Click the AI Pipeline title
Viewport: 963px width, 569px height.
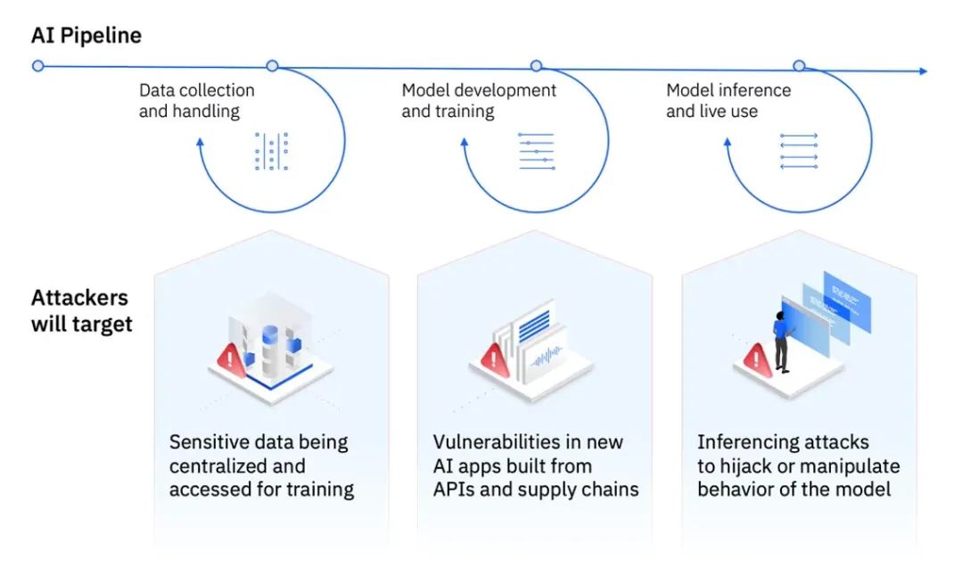point(86,36)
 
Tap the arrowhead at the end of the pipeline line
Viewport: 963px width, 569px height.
point(922,71)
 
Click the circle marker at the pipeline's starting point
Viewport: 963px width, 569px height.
point(37,65)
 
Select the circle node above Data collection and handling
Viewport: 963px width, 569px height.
point(272,66)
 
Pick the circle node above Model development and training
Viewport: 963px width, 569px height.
point(536,66)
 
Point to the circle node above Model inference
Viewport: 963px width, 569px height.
point(799,65)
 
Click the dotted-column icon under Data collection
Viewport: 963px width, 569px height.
point(271,152)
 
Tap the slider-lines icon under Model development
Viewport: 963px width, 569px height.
point(536,152)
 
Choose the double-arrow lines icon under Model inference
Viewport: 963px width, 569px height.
point(799,151)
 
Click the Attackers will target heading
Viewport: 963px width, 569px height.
point(81,310)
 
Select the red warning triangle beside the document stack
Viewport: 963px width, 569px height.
point(494,359)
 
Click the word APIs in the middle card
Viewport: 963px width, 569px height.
point(455,489)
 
